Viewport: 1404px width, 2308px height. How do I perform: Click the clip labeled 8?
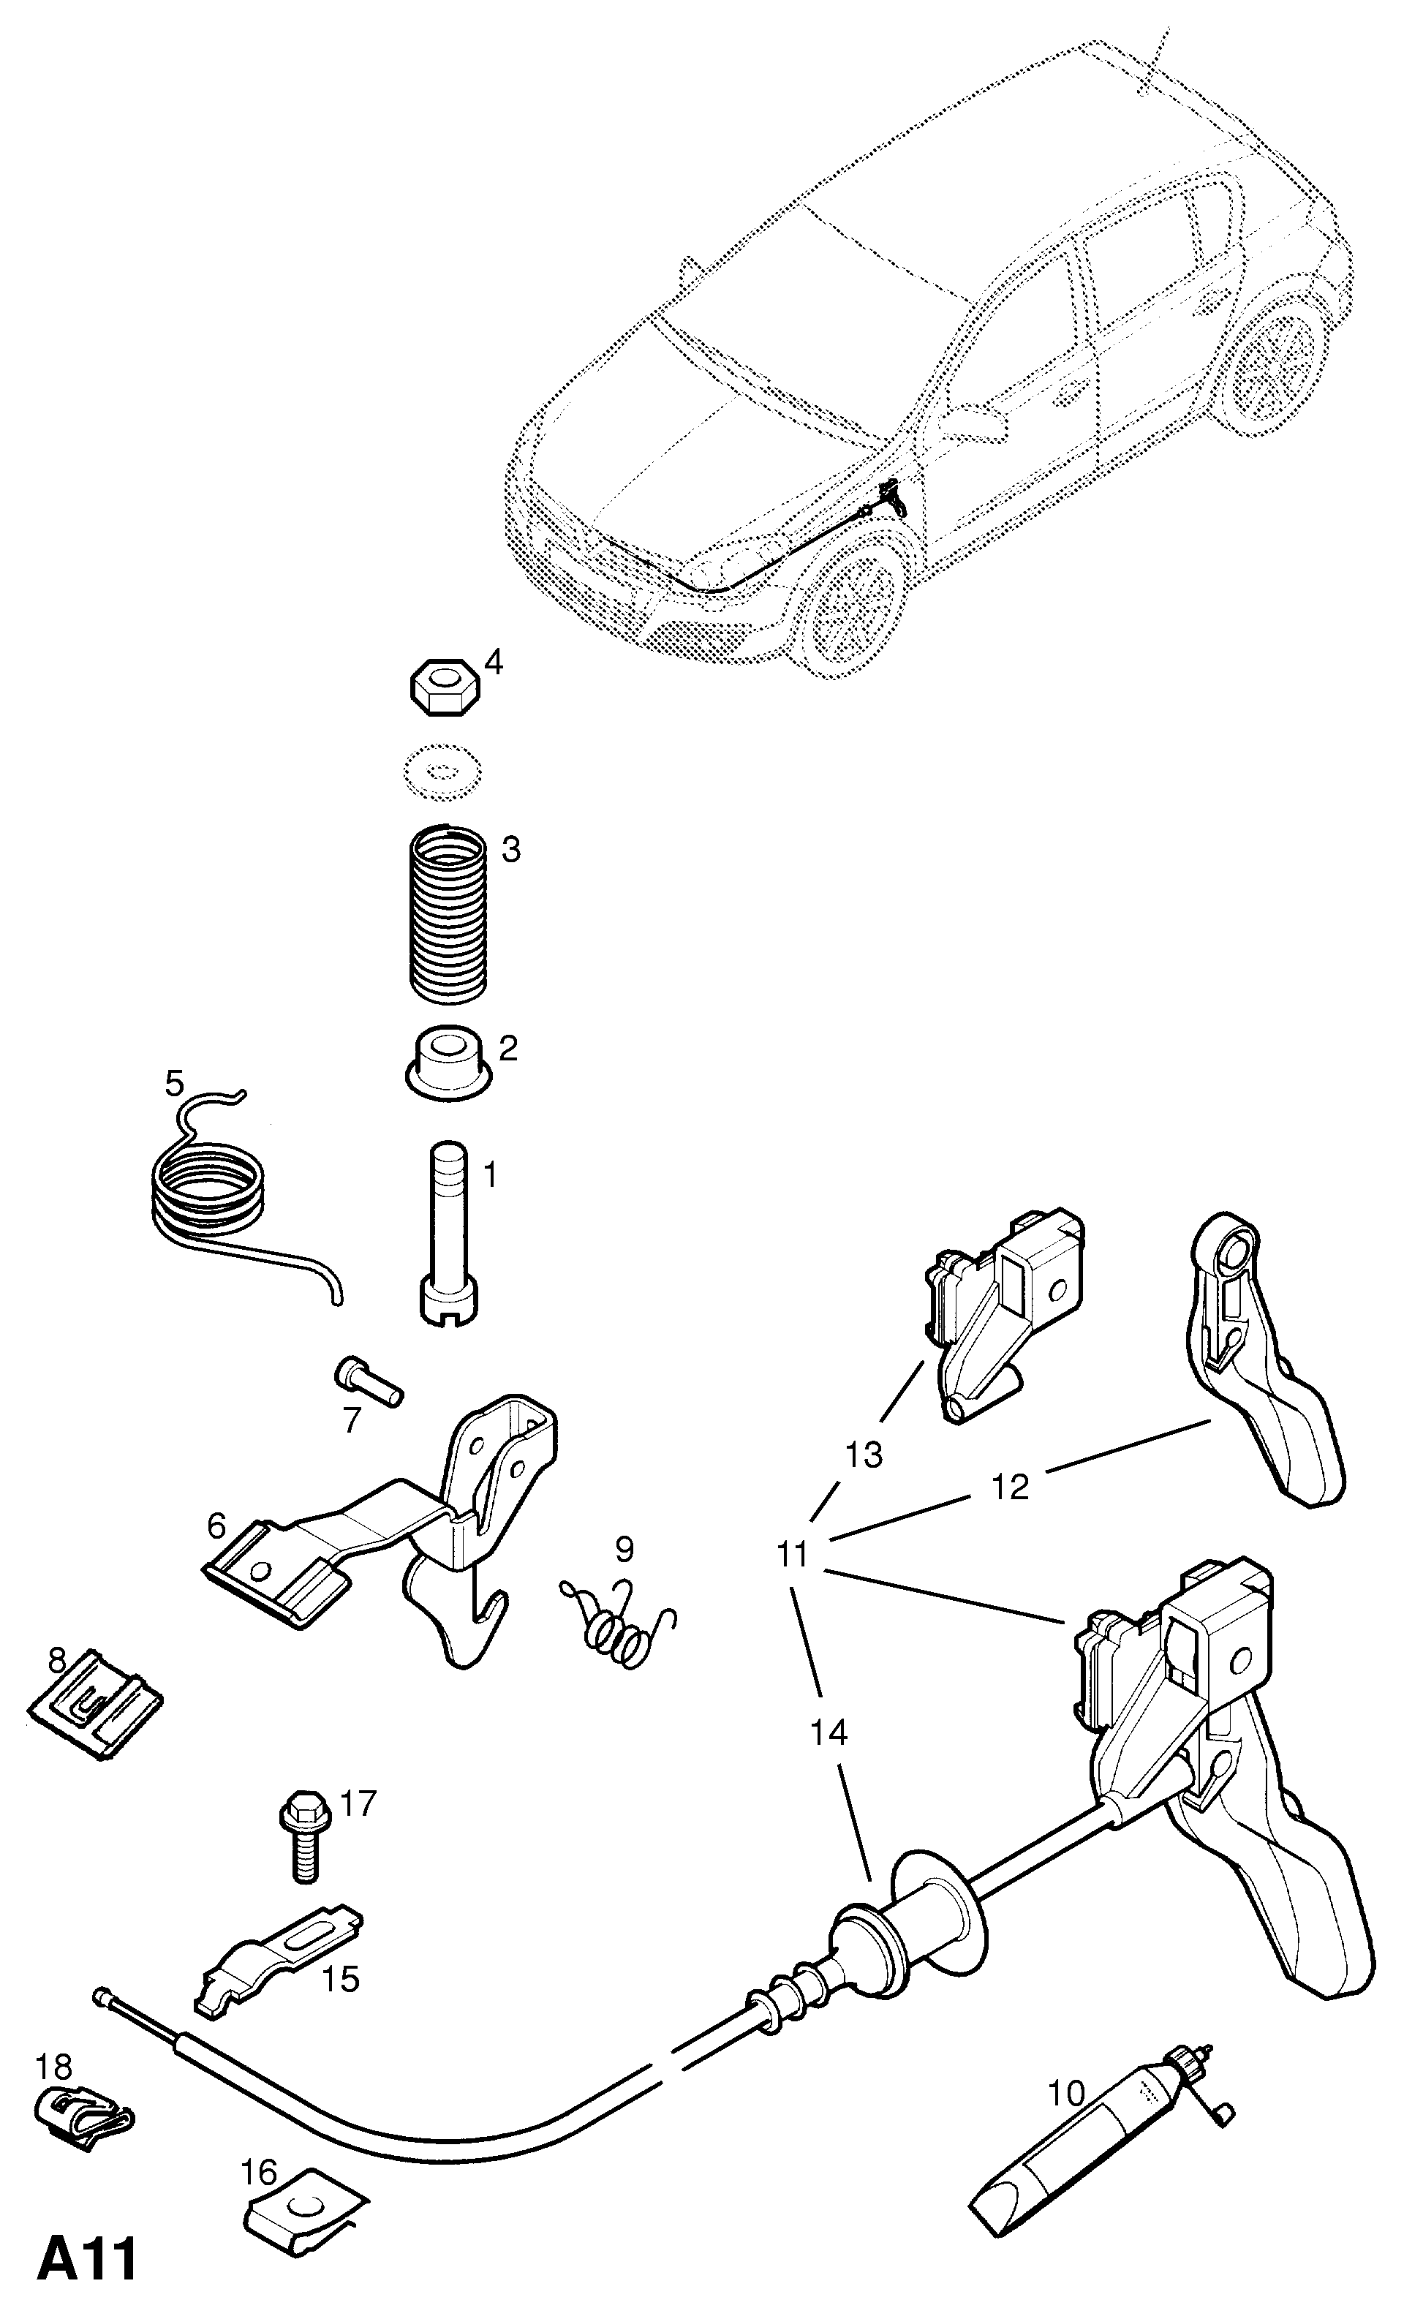[94, 1708]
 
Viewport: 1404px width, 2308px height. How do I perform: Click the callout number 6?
[216, 1527]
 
